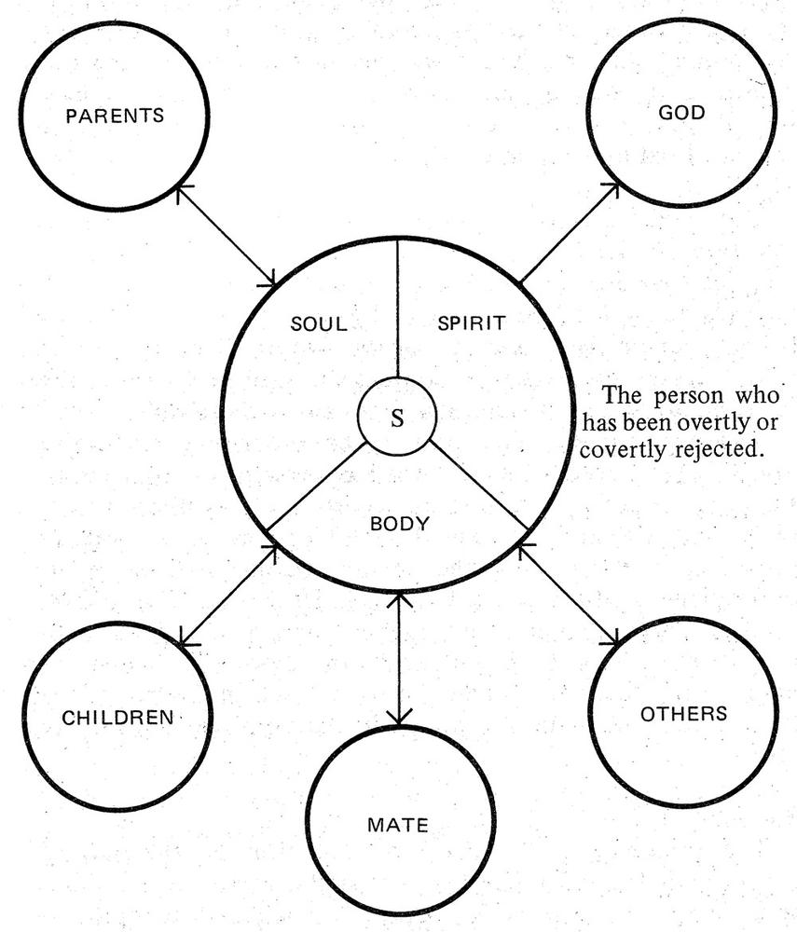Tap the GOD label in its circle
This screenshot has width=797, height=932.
click(681, 113)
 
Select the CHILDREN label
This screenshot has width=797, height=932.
click(118, 718)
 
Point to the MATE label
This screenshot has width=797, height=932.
click(398, 825)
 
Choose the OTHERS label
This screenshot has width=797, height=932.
click(683, 714)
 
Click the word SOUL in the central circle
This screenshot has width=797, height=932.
click(319, 324)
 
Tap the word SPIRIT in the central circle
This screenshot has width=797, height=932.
click(471, 323)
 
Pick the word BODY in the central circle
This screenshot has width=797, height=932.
click(400, 523)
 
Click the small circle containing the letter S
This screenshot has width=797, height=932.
click(398, 418)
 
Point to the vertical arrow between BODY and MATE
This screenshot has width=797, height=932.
click(399, 658)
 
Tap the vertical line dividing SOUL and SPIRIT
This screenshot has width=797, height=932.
click(398, 308)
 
